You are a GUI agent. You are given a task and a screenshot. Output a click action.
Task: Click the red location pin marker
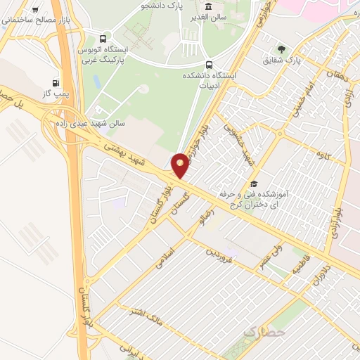point(181,165)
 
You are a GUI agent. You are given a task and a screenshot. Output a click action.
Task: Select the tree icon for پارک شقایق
point(281,49)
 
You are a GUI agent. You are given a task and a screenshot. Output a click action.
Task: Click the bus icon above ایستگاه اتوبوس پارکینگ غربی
point(104,39)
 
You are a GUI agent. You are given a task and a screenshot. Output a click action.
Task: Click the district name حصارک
point(264,330)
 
